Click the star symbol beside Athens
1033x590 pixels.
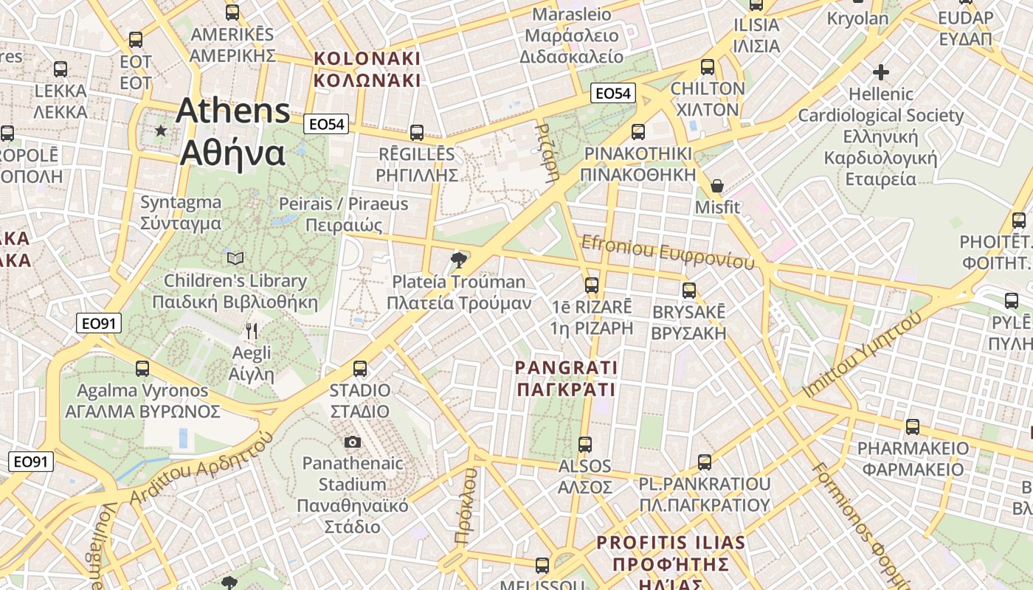(161, 131)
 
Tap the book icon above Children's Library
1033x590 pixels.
(235, 258)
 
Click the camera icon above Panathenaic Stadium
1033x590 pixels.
(353, 442)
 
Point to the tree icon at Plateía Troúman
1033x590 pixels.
(459, 259)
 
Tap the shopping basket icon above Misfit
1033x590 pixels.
(716, 185)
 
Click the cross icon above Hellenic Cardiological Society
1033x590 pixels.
(880, 72)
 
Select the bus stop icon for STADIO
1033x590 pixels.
(360, 368)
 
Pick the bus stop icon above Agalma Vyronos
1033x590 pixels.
(142, 368)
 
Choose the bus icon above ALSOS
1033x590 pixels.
(585, 444)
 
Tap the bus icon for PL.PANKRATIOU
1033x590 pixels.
(705, 462)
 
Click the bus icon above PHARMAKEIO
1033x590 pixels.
(913, 427)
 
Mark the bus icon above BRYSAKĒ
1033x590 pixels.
(689, 290)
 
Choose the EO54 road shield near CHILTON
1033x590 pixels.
(613, 93)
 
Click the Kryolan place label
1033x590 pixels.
(857, 18)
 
